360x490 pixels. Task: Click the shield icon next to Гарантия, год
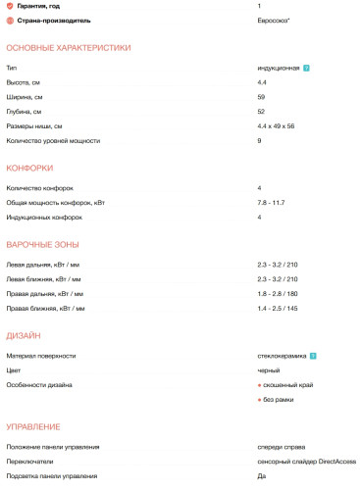tap(11, 7)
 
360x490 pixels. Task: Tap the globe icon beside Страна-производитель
tap(11, 21)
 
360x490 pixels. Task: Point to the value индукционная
tap(278, 69)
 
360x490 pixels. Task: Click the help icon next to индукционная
tap(307, 69)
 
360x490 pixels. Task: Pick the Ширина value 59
tap(261, 97)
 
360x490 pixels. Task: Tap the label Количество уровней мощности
tap(53, 141)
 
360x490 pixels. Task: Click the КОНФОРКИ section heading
tap(29, 168)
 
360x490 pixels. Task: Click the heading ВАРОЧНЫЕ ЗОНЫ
tap(43, 244)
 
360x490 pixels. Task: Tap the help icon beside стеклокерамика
tap(312, 356)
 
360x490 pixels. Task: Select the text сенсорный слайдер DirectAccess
tap(306, 460)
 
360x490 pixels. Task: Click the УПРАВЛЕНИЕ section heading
tap(33, 426)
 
